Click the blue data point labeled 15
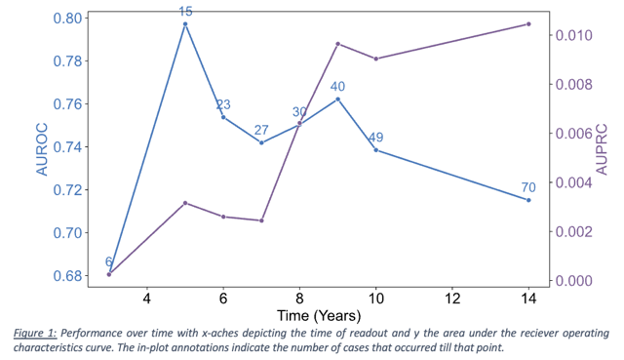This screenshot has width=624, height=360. pos(185,24)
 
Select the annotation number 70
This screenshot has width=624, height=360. pos(528,187)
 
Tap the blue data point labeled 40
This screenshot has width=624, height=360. pos(337,100)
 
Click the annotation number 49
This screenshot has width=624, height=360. pos(375,138)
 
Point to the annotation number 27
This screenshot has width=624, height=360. pos(261,130)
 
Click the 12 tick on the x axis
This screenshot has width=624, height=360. pos(451,297)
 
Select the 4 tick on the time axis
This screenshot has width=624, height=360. pos(147,297)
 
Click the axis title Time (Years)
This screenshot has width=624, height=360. pos(319,315)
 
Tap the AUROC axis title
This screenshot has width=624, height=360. pos(42,147)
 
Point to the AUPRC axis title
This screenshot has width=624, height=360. pos(614,147)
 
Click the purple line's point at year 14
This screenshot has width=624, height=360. pos(528,24)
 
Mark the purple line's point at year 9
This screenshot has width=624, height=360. pos(337,44)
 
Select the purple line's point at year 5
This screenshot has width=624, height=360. pos(185,203)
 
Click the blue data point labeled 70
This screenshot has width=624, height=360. pos(528,200)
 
